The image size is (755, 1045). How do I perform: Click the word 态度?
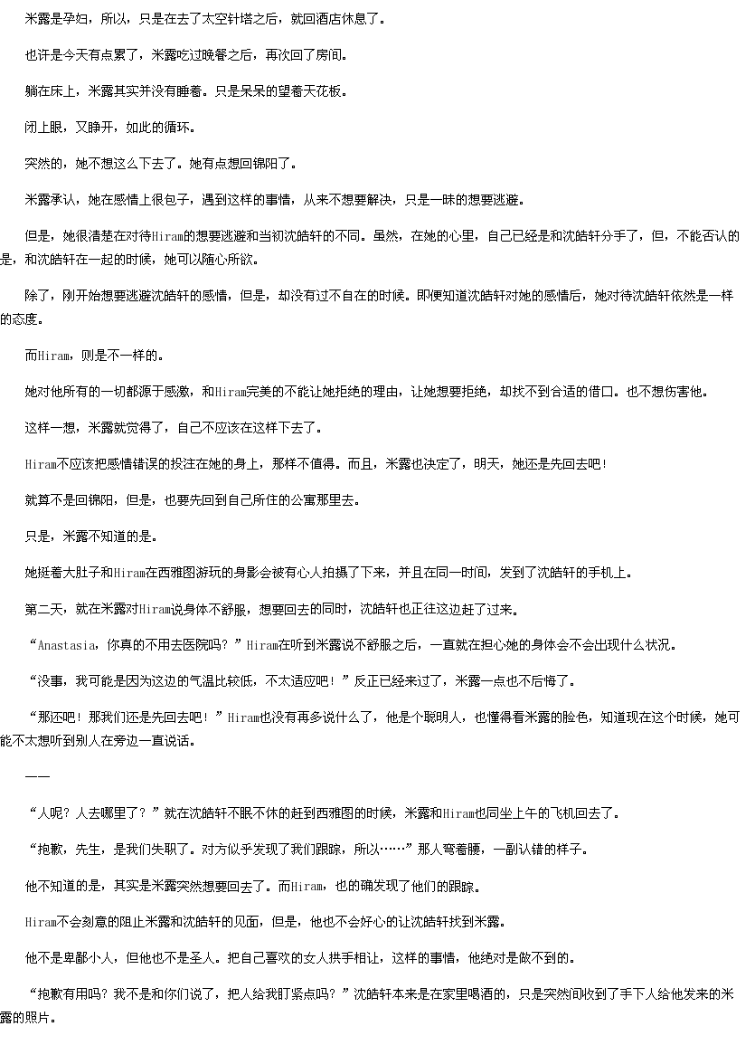[x=25, y=319]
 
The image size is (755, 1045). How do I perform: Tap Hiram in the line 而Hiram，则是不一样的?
[x=54, y=356]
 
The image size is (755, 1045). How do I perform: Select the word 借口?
[x=602, y=392]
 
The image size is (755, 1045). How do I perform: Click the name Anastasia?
[x=67, y=645]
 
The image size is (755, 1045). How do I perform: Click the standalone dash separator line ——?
[x=37, y=777]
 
